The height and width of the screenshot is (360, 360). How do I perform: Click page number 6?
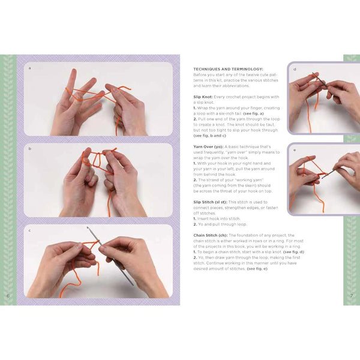[x=8, y=295]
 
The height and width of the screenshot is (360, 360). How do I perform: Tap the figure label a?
[x=29, y=68]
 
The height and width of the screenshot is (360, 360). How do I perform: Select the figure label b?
[x=29, y=148]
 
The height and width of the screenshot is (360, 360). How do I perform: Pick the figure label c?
[x=29, y=229]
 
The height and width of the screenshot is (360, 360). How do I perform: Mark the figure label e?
[x=295, y=149]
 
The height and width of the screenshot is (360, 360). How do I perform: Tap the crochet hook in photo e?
[x=328, y=173]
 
